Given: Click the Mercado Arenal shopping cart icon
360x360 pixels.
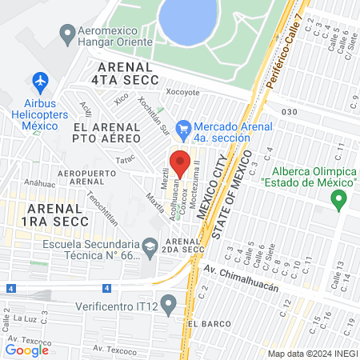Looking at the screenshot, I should pyautogui.click(x=183, y=126).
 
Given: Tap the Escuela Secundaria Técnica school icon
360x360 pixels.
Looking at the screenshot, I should pyautogui.click(x=150, y=247).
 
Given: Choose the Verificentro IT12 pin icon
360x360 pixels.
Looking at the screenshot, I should pyautogui.click(x=167, y=304).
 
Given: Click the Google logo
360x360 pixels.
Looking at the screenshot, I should pyautogui.click(x=26, y=350).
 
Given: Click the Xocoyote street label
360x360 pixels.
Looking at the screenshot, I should pyautogui.click(x=181, y=92).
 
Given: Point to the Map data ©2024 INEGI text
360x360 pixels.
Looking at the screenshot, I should pyautogui.click(x=312, y=353).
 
